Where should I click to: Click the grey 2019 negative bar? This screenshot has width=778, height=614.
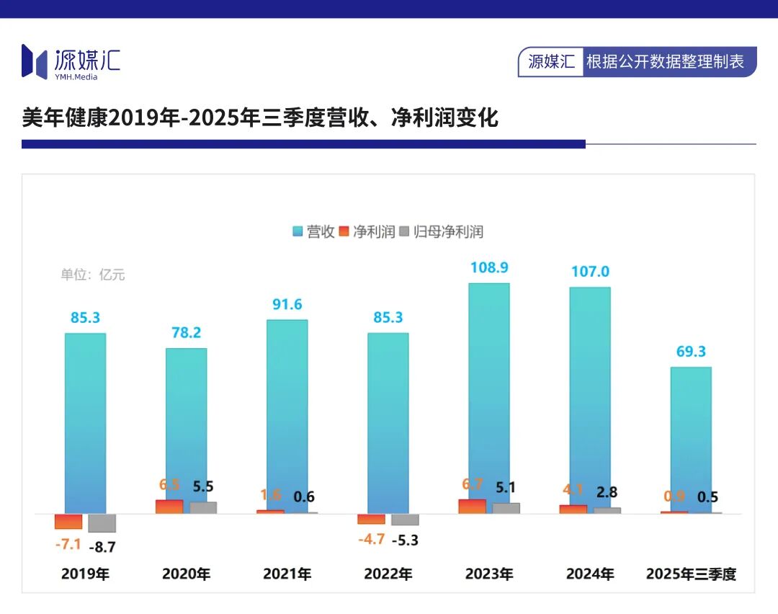tap(102, 522)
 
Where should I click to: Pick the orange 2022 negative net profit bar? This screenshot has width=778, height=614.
tap(372, 519)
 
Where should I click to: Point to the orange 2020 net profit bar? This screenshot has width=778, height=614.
tap(169, 507)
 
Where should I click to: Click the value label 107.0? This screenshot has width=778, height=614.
tap(590, 272)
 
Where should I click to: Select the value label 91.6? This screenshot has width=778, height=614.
tap(287, 304)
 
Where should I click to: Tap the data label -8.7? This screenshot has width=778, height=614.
tap(102, 547)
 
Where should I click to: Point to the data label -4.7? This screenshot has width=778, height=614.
tap(372, 539)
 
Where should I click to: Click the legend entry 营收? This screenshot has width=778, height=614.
tap(313, 231)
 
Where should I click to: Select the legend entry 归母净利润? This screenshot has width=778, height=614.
tap(441, 231)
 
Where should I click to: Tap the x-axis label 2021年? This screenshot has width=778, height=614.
tap(287, 574)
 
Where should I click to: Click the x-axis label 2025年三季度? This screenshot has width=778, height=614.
tap(691, 574)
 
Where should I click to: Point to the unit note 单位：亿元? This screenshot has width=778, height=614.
tap(93, 275)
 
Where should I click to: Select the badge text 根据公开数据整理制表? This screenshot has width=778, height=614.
tap(665, 62)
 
